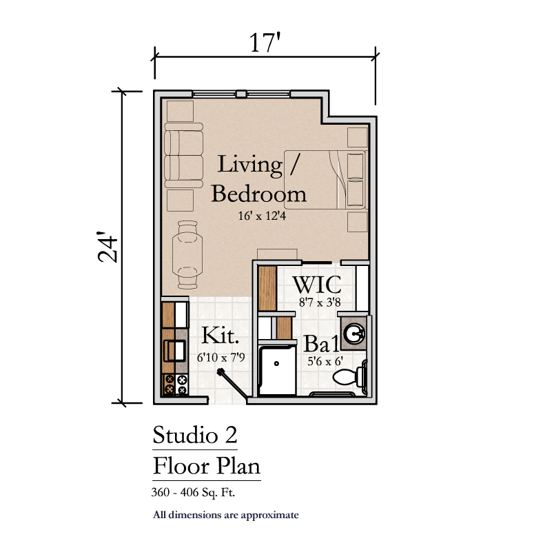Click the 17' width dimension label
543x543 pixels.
click(x=265, y=42)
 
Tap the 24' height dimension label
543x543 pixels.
click(x=107, y=247)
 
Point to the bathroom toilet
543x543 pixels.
click(x=350, y=376)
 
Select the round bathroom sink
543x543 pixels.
click(x=354, y=334)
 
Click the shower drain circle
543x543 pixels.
click(x=276, y=363)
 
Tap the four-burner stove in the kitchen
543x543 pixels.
click(x=175, y=385)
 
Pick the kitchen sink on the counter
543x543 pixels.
click(x=175, y=351)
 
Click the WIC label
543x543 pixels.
click(x=317, y=285)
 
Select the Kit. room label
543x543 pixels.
click(x=221, y=335)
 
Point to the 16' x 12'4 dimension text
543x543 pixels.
click(x=262, y=216)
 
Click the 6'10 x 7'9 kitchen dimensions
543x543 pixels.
click(x=221, y=357)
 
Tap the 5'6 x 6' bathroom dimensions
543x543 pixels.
click(x=325, y=361)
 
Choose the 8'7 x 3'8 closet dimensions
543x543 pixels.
click(x=320, y=303)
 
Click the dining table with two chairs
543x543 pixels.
click(x=187, y=255)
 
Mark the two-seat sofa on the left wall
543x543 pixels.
click(x=183, y=155)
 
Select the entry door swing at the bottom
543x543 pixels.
click(x=232, y=385)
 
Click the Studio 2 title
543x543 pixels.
click(x=195, y=435)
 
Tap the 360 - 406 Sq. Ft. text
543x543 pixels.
click(x=193, y=492)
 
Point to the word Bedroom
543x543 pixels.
click(x=259, y=194)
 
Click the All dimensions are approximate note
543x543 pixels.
click(x=226, y=515)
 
